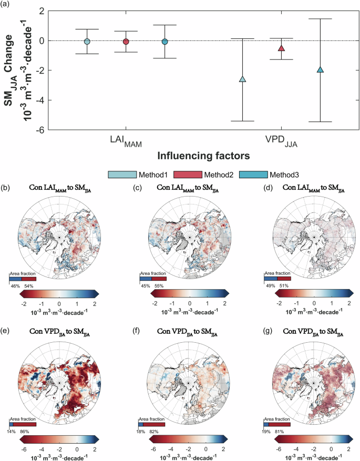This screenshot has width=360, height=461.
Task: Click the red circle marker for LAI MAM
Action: pos(126,42)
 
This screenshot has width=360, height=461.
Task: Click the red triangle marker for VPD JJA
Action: pos(281,48)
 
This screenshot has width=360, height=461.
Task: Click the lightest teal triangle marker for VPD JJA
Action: pos(242,79)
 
